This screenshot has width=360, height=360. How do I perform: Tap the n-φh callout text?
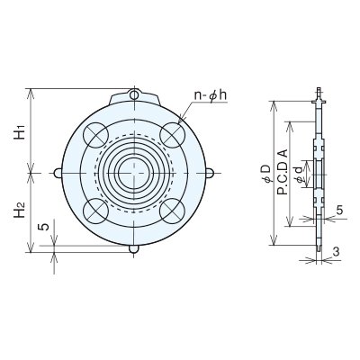[x=211, y=95]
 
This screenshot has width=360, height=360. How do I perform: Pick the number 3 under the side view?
[x=337, y=252]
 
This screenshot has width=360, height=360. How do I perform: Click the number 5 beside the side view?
[x=339, y=211]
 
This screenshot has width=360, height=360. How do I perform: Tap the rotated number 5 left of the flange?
[x=44, y=227]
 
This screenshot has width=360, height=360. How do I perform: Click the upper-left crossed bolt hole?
[x=96, y=135]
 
